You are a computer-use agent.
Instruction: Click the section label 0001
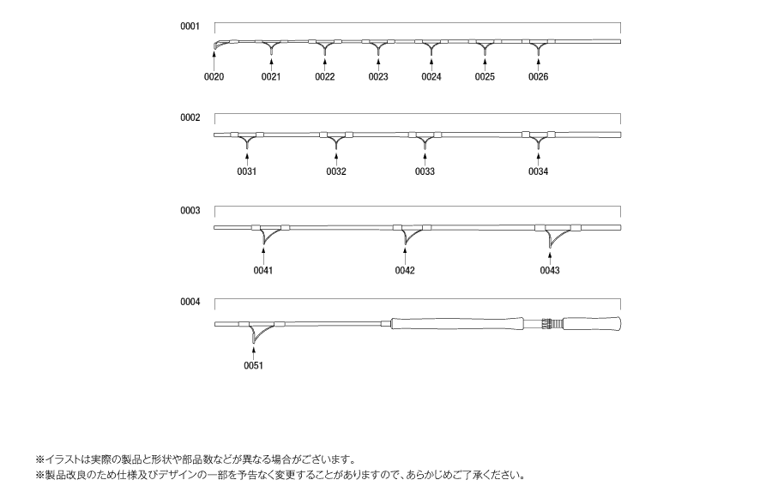point(190,27)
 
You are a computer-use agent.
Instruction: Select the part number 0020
point(214,76)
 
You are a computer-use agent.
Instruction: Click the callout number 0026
point(538,76)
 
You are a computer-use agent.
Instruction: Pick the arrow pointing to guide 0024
point(431,65)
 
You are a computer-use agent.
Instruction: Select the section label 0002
point(190,118)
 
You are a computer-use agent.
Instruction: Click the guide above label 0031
point(247,140)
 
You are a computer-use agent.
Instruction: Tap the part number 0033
point(425,171)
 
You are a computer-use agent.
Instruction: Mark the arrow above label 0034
point(539,159)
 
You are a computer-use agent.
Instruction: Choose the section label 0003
point(190,211)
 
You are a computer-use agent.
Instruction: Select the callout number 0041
point(263,270)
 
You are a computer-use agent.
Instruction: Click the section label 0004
point(190,302)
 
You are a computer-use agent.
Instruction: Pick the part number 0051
point(254,365)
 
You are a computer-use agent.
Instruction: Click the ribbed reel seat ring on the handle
point(551,323)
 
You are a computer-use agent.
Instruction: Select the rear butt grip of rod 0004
point(592,323)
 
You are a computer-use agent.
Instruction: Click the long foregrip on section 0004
point(457,323)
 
